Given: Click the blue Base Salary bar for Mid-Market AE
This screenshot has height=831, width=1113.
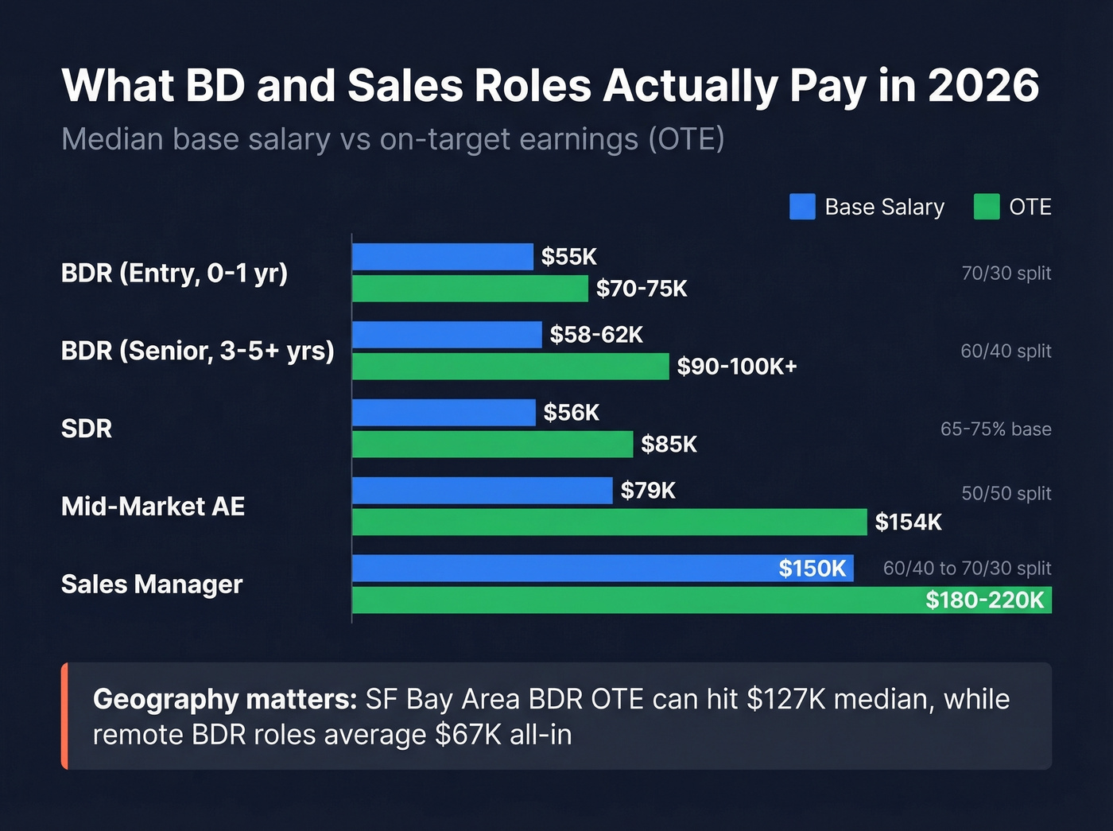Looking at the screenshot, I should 482,491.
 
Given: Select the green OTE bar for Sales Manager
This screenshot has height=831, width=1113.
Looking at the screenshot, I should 636,600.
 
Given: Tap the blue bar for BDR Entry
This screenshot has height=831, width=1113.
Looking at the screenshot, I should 442,257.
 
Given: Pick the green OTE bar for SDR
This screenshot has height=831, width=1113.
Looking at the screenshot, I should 492,444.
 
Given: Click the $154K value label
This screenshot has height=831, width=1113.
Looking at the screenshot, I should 908,522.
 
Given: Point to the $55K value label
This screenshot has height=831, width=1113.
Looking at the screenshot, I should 568,257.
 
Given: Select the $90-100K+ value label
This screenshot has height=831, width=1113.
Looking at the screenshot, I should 736,367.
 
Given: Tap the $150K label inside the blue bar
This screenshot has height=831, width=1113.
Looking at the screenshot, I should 812,569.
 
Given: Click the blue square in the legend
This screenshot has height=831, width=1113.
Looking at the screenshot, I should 802,207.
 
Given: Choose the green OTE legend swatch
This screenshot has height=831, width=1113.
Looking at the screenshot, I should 987,207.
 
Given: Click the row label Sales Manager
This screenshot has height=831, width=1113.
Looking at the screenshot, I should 152,584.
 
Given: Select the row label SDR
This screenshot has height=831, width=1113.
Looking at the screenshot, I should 87,429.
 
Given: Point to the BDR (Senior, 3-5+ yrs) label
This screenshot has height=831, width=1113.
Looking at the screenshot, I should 197,351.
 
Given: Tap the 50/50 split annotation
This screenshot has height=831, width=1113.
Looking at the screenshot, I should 1006,494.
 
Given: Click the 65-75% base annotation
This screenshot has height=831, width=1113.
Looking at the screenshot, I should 995,429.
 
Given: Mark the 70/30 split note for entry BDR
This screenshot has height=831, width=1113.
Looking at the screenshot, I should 1006,274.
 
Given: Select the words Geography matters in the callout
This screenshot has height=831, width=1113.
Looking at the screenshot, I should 225,700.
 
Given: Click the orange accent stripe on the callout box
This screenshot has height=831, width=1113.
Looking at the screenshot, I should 64,716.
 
